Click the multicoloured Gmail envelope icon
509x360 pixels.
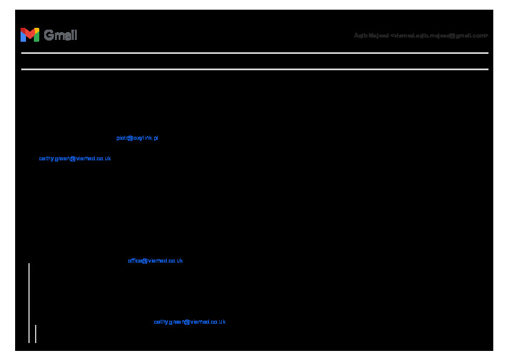click(x=30, y=35)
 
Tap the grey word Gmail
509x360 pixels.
click(x=60, y=35)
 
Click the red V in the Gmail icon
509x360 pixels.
click(x=30, y=33)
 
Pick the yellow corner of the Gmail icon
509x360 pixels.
click(x=37, y=30)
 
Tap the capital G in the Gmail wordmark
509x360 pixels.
click(x=48, y=35)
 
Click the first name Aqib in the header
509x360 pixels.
click(x=360, y=36)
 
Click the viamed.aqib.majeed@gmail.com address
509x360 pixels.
click(x=439, y=36)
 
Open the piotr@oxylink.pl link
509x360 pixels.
click(x=137, y=138)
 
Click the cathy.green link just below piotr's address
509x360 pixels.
click(x=75, y=159)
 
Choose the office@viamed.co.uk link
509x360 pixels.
click(x=155, y=261)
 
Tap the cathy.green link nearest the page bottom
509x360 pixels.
click(x=189, y=322)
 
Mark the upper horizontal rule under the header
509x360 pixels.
click(x=254, y=53)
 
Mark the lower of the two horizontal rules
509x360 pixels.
click(x=254, y=69)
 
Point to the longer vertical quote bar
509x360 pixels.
click(x=29, y=303)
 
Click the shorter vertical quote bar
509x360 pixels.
click(x=36, y=333)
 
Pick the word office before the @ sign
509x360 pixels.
click(x=134, y=261)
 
